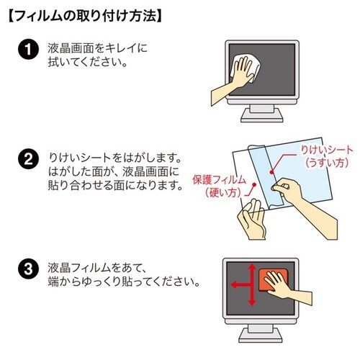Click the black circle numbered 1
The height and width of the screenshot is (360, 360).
[x=27, y=52]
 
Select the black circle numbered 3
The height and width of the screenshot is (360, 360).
[x=27, y=271]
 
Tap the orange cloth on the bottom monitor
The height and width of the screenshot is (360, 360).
[x=272, y=279]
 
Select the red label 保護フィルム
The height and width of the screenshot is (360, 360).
[x=220, y=179]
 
